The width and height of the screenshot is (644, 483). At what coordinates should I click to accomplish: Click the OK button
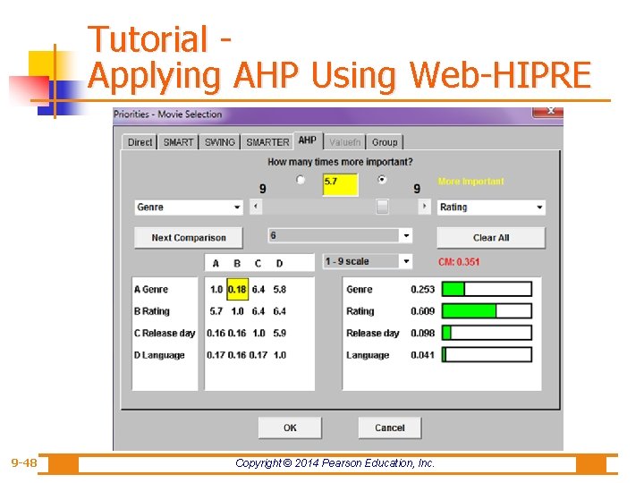[x=290, y=428]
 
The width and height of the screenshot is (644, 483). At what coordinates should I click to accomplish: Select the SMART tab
[x=178, y=142]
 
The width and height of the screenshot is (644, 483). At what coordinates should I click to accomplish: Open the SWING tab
[x=219, y=142]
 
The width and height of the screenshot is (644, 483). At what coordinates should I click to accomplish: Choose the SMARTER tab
[x=267, y=142]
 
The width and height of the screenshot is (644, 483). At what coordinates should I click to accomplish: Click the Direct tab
[x=140, y=142]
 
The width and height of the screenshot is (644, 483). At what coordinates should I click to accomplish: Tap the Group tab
[x=385, y=142]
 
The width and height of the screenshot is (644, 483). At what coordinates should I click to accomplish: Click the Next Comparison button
[x=188, y=238]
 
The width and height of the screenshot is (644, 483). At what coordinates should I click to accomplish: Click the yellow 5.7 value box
[x=340, y=183]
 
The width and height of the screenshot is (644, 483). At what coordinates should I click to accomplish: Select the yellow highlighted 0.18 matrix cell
[x=237, y=290]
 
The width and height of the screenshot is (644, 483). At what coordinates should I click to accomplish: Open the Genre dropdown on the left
[x=189, y=208]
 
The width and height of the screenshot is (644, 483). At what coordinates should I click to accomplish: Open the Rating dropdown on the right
[x=491, y=208]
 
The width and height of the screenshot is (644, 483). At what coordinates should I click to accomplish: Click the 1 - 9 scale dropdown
[x=368, y=261]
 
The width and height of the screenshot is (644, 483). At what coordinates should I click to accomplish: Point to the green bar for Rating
[x=470, y=311]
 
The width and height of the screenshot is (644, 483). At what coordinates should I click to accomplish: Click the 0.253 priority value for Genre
[x=422, y=290]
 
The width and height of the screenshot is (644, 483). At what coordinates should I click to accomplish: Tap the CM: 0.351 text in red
[x=459, y=262]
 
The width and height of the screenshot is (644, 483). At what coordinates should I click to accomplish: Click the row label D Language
[x=159, y=355]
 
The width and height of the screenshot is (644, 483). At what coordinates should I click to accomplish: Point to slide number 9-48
[x=24, y=463]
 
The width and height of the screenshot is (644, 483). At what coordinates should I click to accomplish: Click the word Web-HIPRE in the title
[x=500, y=75]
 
